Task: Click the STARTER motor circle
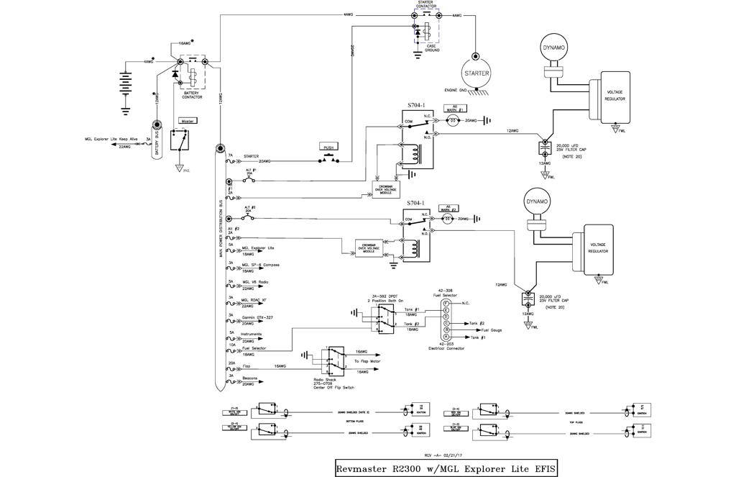(x=476, y=73)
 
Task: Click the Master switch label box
(x=188, y=121)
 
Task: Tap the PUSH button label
(x=329, y=147)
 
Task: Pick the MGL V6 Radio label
(x=255, y=282)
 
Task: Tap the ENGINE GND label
(x=452, y=90)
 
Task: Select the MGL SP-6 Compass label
(x=260, y=265)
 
